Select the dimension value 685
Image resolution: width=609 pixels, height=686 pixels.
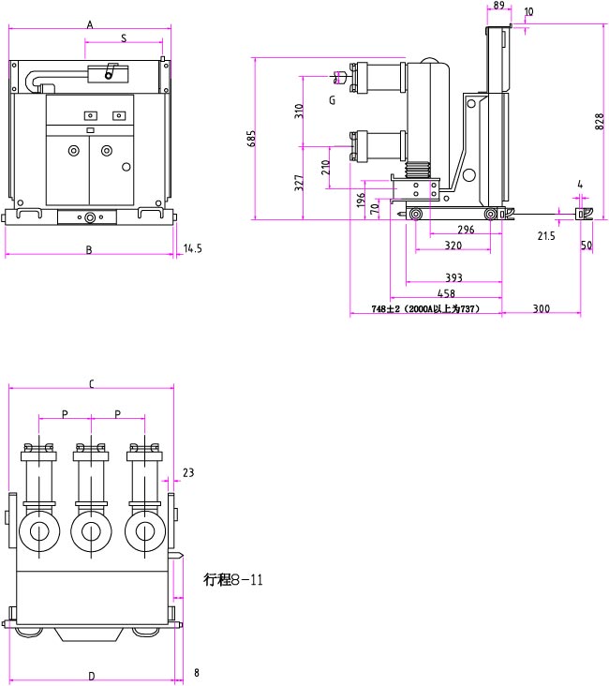click(x=251, y=139)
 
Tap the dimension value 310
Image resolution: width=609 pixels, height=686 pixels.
click(x=299, y=111)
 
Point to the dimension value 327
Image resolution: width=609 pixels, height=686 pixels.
click(x=299, y=184)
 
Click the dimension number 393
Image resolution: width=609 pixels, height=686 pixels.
click(x=453, y=278)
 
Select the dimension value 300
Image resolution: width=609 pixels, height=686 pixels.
click(x=541, y=308)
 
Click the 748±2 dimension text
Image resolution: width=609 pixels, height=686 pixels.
click(x=425, y=308)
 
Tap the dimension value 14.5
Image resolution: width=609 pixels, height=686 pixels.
click(x=193, y=248)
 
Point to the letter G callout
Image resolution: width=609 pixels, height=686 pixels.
click(x=332, y=99)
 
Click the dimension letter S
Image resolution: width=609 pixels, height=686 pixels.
click(x=125, y=38)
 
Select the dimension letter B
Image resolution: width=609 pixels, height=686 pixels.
click(x=89, y=250)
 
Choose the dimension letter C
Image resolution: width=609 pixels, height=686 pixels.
click(x=91, y=383)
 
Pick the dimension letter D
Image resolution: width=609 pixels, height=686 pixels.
click(x=91, y=676)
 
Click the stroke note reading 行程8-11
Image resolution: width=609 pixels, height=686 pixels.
click(x=233, y=579)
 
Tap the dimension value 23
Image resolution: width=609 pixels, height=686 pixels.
click(x=187, y=473)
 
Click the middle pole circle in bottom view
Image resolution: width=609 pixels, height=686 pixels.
click(x=91, y=531)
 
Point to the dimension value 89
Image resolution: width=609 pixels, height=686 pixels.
click(x=498, y=6)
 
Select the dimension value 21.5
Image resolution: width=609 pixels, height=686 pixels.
click(x=546, y=237)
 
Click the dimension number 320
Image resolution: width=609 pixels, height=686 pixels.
click(x=453, y=246)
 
